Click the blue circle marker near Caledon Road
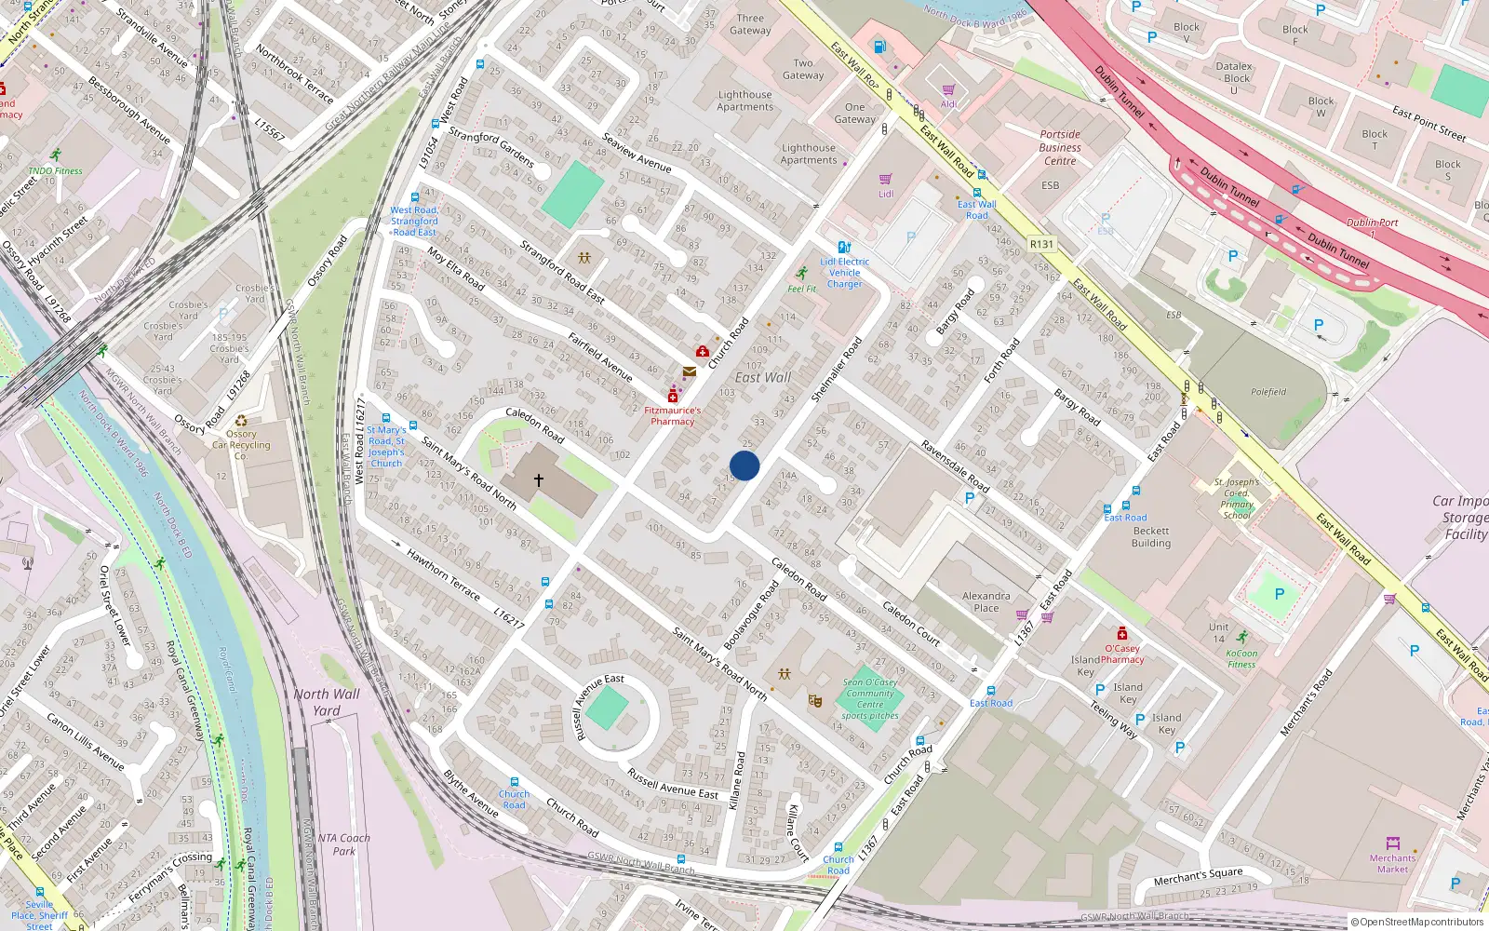click(744, 465)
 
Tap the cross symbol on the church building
click(538, 480)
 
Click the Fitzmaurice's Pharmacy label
click(672, 415)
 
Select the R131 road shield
click(1041, 244)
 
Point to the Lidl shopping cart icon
click(885, 179)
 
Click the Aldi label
click(948, 104)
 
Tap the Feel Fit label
click(801, 289)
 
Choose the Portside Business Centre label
click(1060, 147)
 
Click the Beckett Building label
click(1151, 537)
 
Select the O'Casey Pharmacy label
click(1122, 654)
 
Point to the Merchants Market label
click(1392, 863)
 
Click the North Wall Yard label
click(327, 702)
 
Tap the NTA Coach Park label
click(343, 844)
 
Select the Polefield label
click(1268, 392)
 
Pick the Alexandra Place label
click(986, 601)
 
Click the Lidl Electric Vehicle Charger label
click(845, 273)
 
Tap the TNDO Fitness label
click(56, 170)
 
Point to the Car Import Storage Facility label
click(1462, 517)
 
